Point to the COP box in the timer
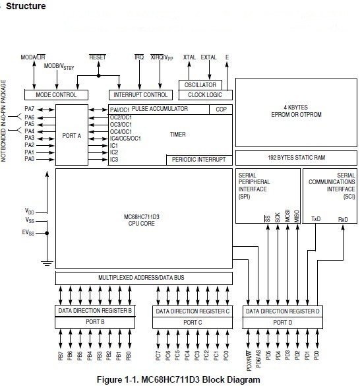click(x=222, y=110)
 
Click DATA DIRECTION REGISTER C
click(x=191, y=309)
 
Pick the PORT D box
click(x=283, y=322)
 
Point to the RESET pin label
click(x=98, y=58)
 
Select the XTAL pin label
click(x=190, y=58)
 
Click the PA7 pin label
click(x=30, y=108)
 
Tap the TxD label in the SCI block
click(x=316, y=218)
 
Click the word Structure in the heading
click(x=26, y=7)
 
